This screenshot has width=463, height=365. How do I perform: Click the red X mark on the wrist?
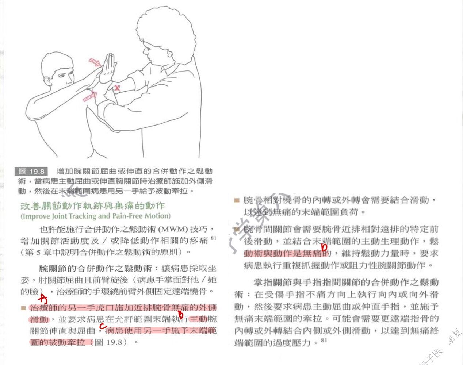[x=117, y=88]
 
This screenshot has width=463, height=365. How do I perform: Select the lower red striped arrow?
[x=90, y=96]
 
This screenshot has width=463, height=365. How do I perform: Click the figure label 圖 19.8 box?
[x=32, y=171]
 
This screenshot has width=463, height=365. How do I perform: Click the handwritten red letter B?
[x=180, y=314]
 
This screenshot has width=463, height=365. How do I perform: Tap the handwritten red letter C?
[x=103, y=326]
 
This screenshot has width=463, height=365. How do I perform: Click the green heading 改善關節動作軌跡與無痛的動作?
[x=92, y=206]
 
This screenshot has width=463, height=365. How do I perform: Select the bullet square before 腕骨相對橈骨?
[x=237, y=200]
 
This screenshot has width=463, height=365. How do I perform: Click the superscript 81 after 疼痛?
[x=214, y=238]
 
